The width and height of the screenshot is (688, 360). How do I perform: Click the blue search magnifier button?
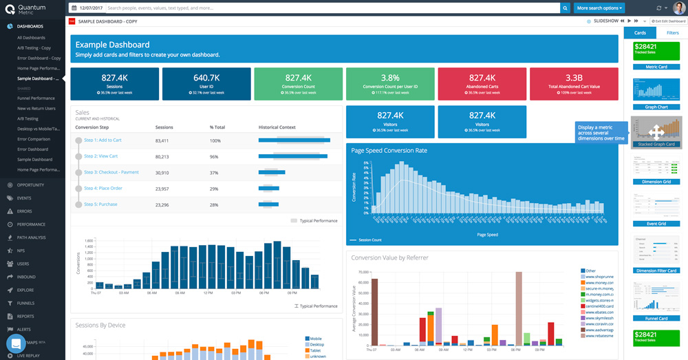point(566,8)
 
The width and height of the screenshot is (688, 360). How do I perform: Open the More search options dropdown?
point(600,8)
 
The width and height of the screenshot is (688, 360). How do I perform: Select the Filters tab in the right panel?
point(672,32)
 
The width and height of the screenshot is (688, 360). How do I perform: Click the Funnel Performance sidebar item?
point(36,98)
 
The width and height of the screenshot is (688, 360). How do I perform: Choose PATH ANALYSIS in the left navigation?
point(32,237)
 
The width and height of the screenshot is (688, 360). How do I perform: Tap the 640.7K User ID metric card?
point(206,83)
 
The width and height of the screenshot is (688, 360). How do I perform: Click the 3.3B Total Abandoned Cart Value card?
point(574,83)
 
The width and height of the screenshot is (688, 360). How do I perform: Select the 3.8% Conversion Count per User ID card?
point(390,83)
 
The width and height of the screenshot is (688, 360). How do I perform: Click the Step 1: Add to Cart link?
point(103,140)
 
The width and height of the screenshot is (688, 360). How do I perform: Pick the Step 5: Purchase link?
point(100,204)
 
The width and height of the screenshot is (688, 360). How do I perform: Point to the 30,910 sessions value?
point(162,173)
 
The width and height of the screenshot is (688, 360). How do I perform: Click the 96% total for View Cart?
point(215,157)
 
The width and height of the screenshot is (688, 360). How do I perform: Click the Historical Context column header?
point(277,127)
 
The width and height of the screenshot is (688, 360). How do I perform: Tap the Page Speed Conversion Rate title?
point(389,150)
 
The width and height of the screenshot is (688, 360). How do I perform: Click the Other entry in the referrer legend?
point(590,271)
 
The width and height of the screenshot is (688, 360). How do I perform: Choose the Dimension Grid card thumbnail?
point(656,171)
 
